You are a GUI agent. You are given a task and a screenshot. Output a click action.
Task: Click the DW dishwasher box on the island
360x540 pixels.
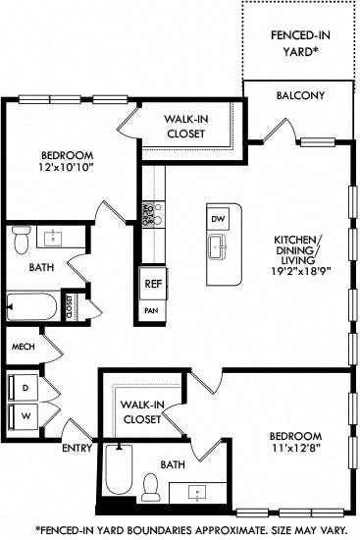[x=219, y=218]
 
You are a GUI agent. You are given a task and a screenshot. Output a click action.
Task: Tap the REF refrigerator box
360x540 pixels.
[x=152, y=283]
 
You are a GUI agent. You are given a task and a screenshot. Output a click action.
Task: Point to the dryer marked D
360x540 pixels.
[x=24, y=387]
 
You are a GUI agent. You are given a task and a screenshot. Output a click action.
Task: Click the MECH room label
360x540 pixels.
[x=22, y=347]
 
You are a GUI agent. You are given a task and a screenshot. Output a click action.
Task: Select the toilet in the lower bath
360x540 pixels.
[x=150, y=484]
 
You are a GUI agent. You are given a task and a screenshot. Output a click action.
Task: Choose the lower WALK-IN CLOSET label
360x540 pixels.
[x=143, y=411]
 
